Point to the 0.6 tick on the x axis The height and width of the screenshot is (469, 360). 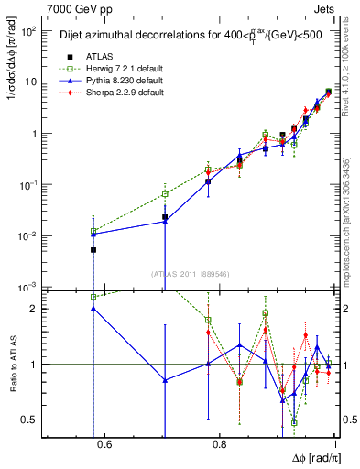click(104, 445)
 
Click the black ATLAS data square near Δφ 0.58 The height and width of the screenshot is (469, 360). click(93, 249)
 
